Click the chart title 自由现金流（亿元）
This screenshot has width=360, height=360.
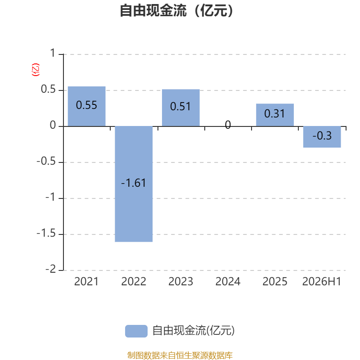click(176, 10)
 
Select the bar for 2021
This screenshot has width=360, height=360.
click(86, 106)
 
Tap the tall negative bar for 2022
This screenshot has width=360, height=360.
click(134, 184)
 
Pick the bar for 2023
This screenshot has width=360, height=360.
click(181, 108)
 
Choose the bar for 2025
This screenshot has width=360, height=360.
click(275, 115)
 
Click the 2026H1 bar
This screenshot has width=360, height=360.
click(322, 137)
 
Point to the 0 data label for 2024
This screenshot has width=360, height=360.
click(228, 125)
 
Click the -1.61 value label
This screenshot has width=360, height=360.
click(133, 183)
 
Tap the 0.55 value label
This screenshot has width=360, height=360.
click(86, 105)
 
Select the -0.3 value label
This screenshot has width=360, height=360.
click(322, 136)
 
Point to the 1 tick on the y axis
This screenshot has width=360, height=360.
click(53, 53)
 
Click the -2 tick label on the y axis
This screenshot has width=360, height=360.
click(50, 269)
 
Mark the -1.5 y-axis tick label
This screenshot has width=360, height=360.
click(46, 233)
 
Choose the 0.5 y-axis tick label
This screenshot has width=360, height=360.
click(48, 89)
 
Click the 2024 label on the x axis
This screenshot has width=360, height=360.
click(228, 282)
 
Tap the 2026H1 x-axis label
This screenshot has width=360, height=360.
click(322, 282)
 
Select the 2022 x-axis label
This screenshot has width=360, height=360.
click(134, 282)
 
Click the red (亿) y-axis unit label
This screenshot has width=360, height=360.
click(36, 70)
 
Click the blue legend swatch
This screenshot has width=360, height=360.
click(136, 331)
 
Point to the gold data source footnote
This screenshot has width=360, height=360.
click(180, 355)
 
